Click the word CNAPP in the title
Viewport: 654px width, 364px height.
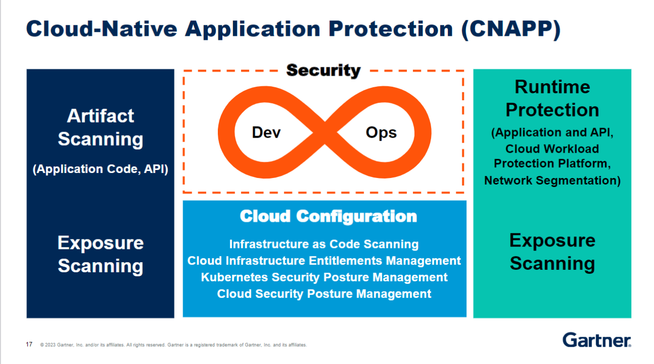[511, 29]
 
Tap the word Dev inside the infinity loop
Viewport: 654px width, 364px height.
[266, 133]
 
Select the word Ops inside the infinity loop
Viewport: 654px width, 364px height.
[381, 133]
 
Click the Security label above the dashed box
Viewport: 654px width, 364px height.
[323, 71]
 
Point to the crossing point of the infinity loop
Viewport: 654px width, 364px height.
[325, 133]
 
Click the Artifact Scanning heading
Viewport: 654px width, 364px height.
[100, 127]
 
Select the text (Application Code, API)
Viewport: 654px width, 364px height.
[100, 169]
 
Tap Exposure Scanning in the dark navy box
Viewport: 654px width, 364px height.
[100, 254]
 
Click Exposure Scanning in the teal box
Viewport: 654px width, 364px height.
[552, 252]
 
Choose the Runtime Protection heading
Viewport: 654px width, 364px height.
[552, 98]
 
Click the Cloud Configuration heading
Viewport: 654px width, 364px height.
[328, 217]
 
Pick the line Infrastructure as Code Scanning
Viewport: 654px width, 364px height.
[324, 245]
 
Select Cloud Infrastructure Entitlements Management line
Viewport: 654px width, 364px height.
[324, 261]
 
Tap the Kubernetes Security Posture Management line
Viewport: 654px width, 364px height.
[324, 277]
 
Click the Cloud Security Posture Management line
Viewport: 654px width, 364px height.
[324, 294]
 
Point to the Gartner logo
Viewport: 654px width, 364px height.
[597, 340]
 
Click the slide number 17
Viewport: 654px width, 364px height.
[29, 344]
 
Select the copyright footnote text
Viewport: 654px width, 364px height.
[173, 345]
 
